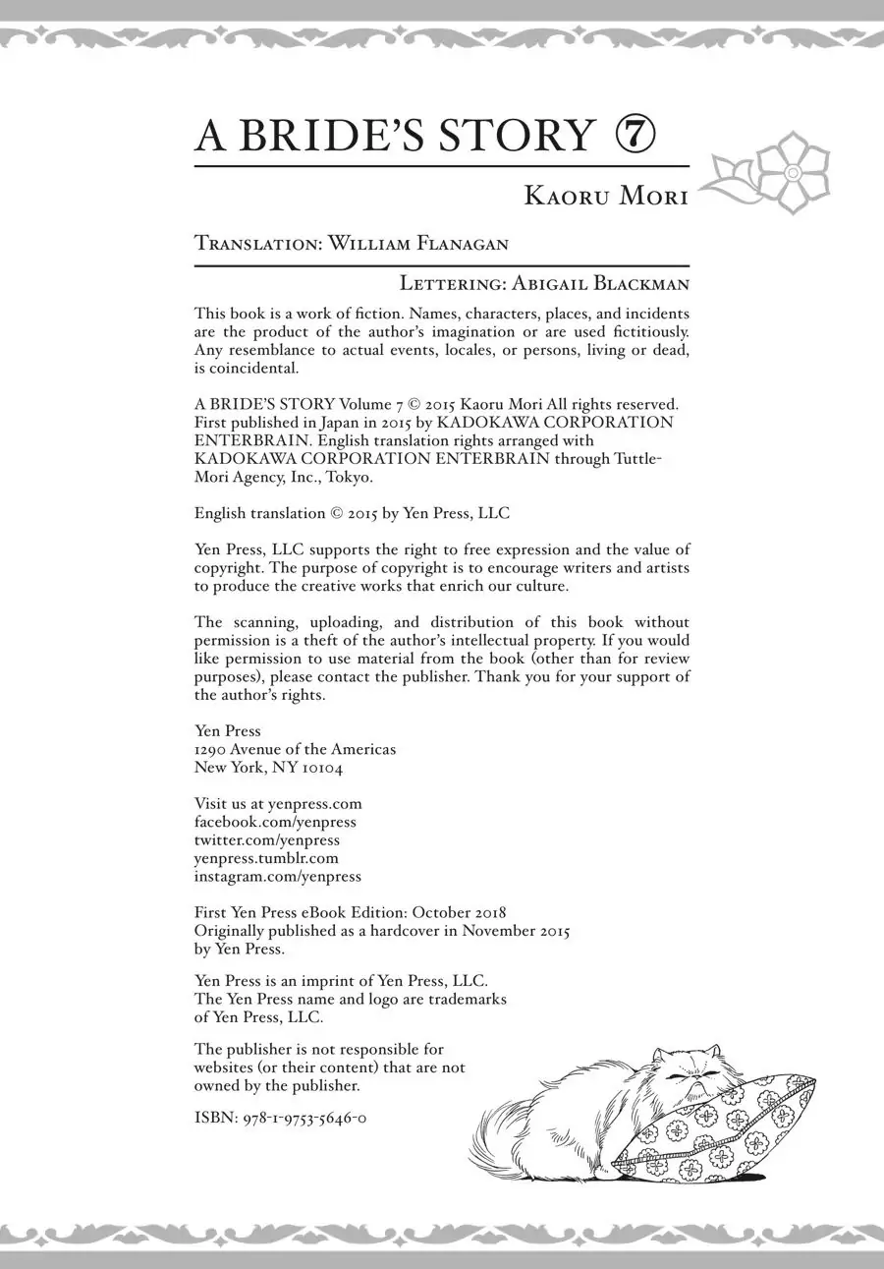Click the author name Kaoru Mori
(x=606, y=196)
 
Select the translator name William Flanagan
(x=418, y=244)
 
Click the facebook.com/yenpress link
(x=275, y=822)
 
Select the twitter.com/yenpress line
(x=267, y=839)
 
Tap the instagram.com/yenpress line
(x=278, y=876)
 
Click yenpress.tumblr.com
(x=266, y=858)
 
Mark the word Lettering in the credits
(x=451, y=284)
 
